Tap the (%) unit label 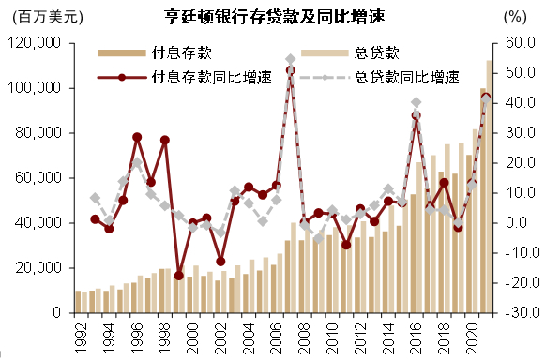[515, 18]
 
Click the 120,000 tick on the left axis [34, 43]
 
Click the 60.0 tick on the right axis [518, 43]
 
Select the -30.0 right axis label [518, 313]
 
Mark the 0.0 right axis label [518, 223]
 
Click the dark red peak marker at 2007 [290, 70]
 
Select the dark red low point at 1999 [178, 276]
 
